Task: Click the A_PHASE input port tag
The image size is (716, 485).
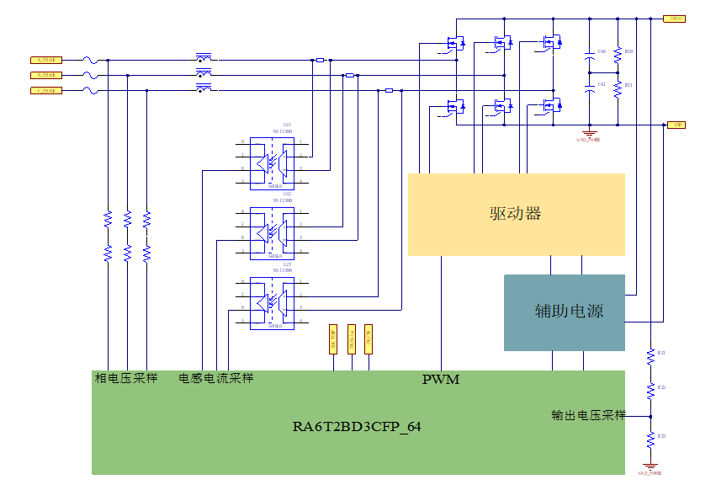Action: [x=46, y=60]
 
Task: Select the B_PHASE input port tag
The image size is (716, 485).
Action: [x=46, y=75]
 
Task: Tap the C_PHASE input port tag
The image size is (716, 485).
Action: [x=46, y=90]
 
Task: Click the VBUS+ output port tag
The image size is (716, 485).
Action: [x=676, y=18]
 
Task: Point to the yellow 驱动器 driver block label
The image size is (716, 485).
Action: [x=516, y=214]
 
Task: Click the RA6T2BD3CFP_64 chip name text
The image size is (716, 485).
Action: [x=357, y=427]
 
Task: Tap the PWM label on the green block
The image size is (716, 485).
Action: [x=440, y=380]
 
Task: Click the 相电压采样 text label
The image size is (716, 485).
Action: [x=126, y=379]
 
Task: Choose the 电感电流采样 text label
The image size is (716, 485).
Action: [x=216, y=379]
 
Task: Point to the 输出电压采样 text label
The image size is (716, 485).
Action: [x=589, y=415]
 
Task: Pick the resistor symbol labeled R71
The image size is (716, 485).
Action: [x=618, y=88]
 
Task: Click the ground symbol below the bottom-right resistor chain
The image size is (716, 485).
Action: [x=650, y=466]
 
